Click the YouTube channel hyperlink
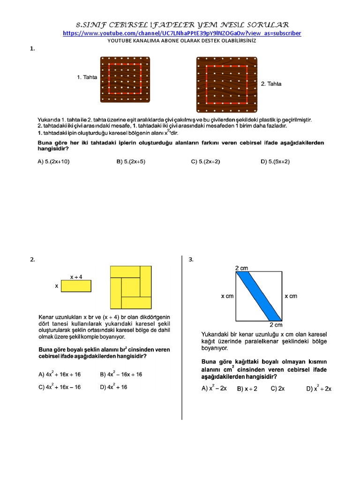click(x=182, y=33)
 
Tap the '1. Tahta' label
click(x=87, y=77)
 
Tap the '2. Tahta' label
click(x=271, y=84)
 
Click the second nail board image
click(x=226, y=83)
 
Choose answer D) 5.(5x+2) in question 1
click(x=275, y=162)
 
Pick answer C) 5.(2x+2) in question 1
click(x=205, y=162)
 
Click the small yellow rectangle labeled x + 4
click(x=76, y=286)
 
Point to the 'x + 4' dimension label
click(x=76, y=277)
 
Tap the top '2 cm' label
click(x=242, y=268)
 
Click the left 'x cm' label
click(x=227, y=296)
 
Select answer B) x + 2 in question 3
click(x=247, y=389)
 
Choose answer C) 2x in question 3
click(x=277, y=389)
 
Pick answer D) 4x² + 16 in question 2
click(x=113, y=387)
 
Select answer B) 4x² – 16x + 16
click(x=121, y=374)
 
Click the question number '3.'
click(x=191, y=260)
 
